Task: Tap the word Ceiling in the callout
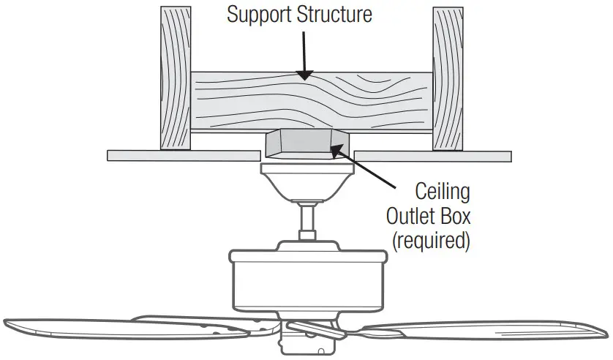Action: point(443,192)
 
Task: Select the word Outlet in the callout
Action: point(415,217)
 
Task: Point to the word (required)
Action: point(431,241)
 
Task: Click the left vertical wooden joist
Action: point(175,77)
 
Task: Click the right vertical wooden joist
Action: point(448,77)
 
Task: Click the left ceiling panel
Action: point(183,155)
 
